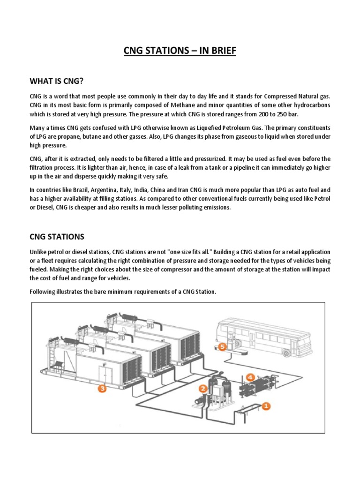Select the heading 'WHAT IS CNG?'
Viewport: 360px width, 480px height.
click(x=56, y=82)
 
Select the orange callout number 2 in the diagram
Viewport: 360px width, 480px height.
click(x=202, y=388)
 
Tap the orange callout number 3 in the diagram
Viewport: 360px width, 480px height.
click(x=102, y=388)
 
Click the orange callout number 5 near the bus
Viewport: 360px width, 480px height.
click(x=223, y=347)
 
